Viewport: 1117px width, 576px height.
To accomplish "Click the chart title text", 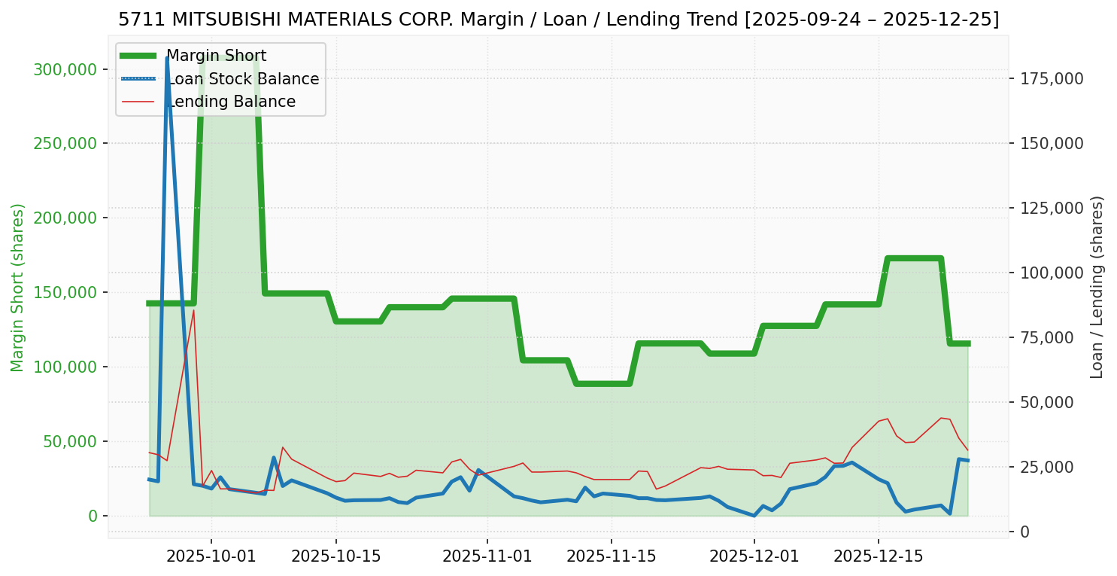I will pyautogui.click(x=558, y=20).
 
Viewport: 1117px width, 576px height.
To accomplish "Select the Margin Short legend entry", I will pyautogui.click(x=216, y=56).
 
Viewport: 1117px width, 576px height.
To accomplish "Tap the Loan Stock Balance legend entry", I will pyautogui.click(x=242, y=79).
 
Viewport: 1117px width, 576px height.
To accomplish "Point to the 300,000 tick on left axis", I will pyautogui.click(x=66, y=70).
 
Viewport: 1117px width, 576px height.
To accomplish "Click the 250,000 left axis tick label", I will pyautogui.click(x=66, y=144).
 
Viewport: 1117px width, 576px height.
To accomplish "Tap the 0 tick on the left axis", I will pyautogui.click(x=93, y=516).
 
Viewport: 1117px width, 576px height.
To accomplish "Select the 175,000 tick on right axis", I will pyautogui.click(x=1050, y=78).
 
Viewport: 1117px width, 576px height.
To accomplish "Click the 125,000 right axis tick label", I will pyautogui.click(x=1050, y=208).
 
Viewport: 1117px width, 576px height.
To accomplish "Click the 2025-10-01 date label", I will pyautogui.click(x=211, y=557).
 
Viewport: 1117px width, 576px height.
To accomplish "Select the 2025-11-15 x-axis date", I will pyautogui.click(x=611, y=557).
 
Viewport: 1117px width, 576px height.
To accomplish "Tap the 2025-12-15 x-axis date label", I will pyautogui.click(x=878, y=557).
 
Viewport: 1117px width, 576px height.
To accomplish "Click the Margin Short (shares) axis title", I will pyautogui.click(x=17, y=288).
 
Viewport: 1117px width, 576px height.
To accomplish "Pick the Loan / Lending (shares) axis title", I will pyautogui.click(x=1097, y=288).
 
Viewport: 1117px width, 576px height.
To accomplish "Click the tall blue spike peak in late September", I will pyautogui.click(x=167, y=58).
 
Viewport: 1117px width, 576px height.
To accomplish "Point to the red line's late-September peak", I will pyautogui.click(x=193, y=310).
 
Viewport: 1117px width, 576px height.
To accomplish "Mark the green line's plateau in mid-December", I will pyautogui.click(x=914, y=258).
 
